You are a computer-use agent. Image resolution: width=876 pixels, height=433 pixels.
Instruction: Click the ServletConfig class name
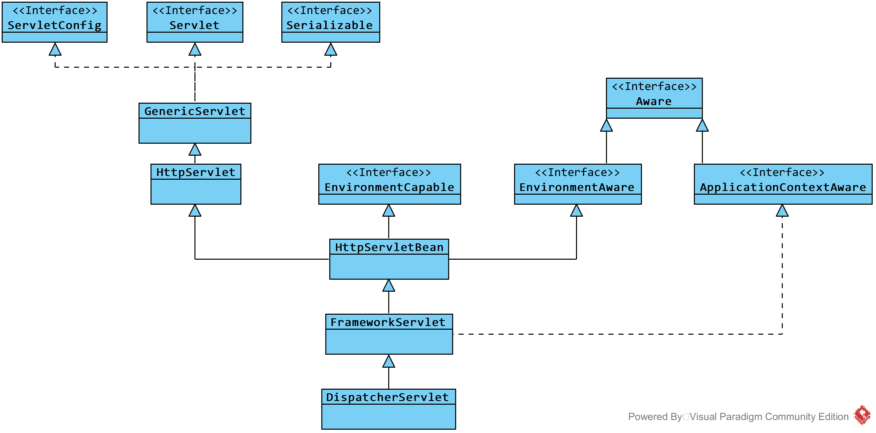click(55, 26)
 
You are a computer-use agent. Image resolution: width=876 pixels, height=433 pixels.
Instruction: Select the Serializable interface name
click(330, 25)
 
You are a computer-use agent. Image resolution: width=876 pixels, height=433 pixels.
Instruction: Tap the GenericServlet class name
click(195, 111)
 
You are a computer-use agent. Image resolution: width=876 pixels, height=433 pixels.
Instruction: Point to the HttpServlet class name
click(196, 172)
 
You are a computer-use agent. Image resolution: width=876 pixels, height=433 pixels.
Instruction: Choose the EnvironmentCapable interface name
click(389, 188)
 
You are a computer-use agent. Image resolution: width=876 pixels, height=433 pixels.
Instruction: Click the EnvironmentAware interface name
click(577, 188)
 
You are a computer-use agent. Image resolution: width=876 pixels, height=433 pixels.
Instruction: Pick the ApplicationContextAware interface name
click(783, 188)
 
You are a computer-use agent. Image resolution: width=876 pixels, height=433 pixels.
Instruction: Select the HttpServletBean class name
click(389, 247)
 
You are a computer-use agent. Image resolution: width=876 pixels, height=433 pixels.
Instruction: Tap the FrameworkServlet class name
click(388, 322)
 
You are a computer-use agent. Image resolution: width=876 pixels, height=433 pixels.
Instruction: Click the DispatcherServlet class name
click(387, 397)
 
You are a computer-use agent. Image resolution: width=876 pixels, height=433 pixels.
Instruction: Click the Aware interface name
click(654, 101)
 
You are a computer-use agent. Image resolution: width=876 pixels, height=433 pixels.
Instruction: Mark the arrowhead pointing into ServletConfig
click(55, 49)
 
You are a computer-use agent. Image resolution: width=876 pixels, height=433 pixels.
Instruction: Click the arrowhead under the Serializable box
click(331, 49)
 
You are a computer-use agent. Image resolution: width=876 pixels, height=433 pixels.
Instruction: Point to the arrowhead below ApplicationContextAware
click(782, 210)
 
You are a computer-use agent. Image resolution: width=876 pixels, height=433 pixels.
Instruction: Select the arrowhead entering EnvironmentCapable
click(389, 210)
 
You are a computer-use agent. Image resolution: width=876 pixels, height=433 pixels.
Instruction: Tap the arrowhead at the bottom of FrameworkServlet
click(389, 361)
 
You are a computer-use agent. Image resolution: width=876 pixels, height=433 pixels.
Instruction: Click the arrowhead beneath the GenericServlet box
click(195, 149)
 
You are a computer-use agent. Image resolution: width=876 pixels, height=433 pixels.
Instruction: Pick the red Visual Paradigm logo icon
click(862, 415)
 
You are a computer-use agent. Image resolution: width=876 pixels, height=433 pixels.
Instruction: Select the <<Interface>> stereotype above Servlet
click(195, 11)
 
